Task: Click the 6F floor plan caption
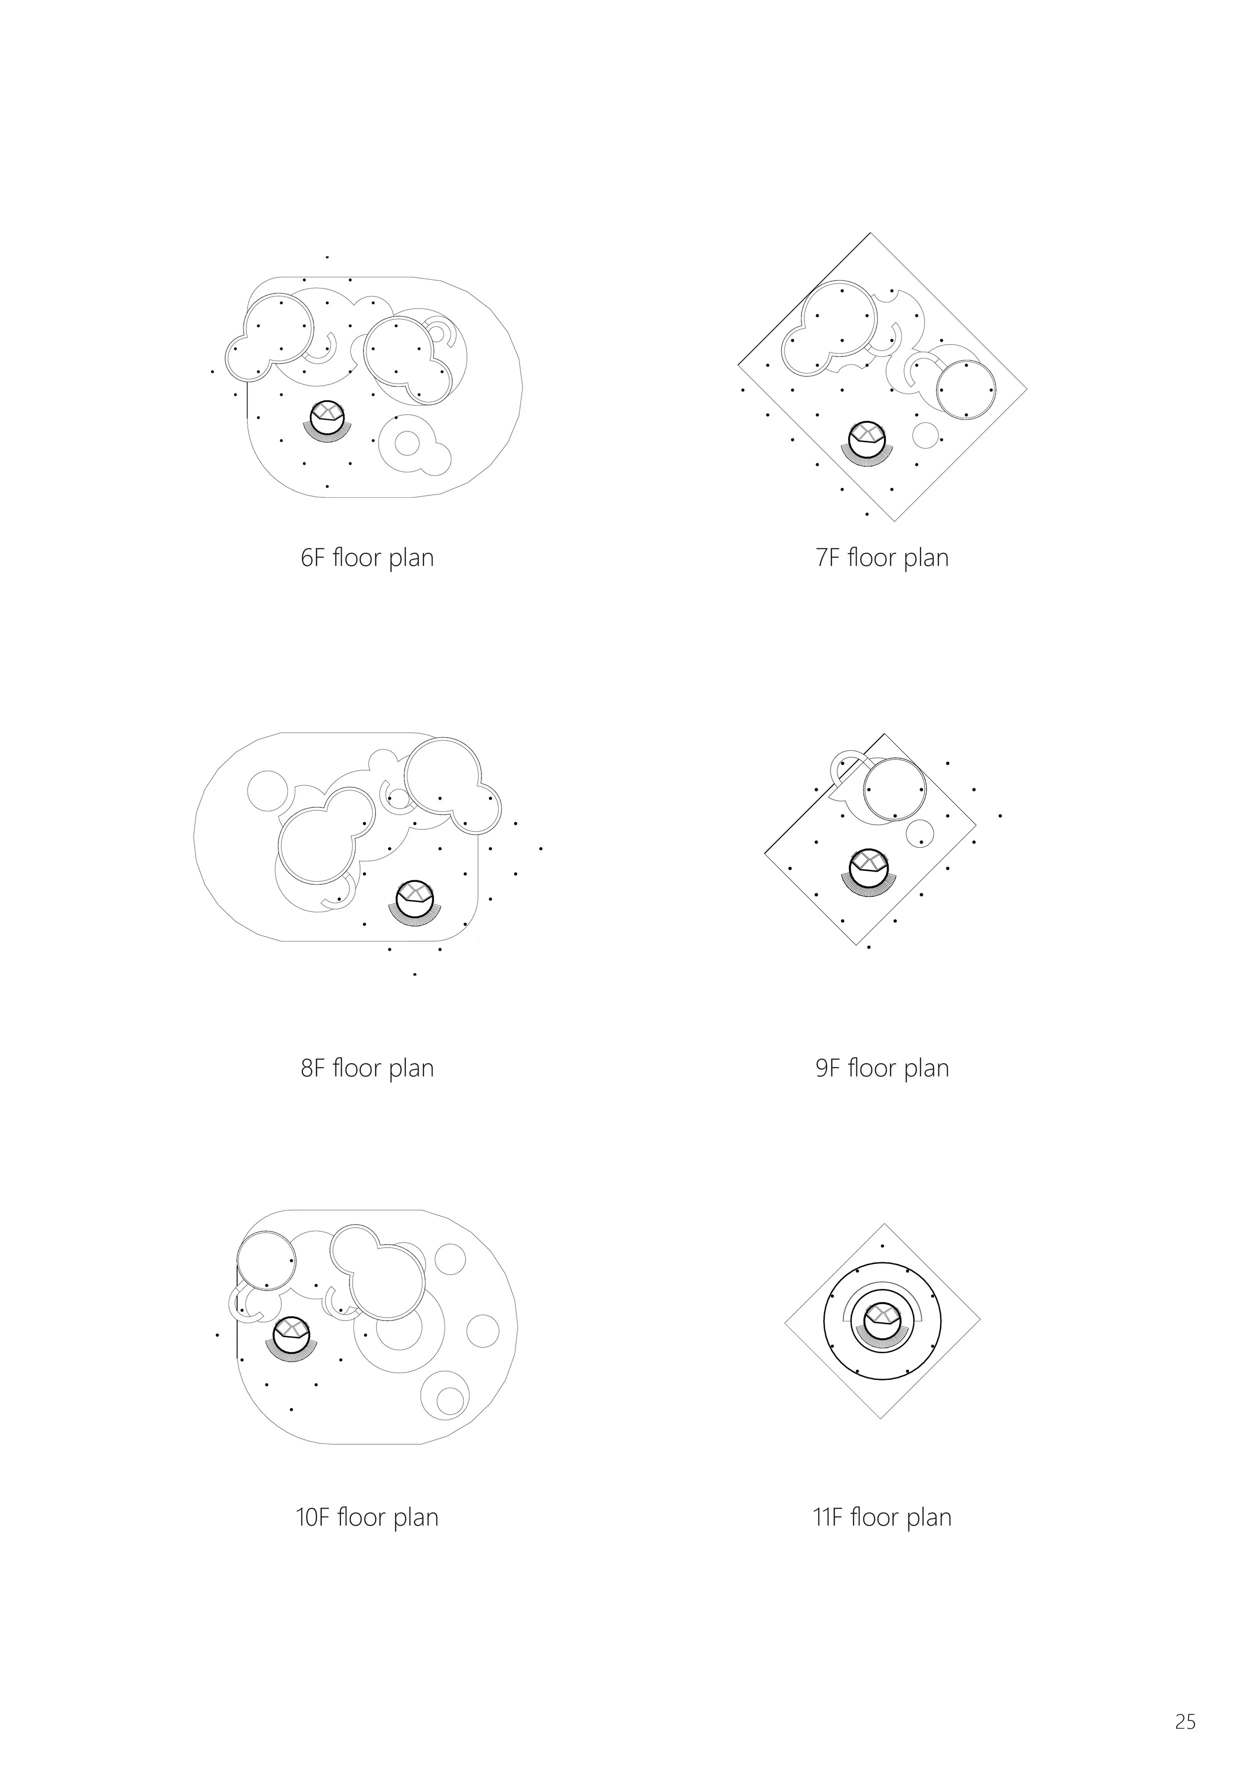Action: [x=367, y=557]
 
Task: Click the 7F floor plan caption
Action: [x=882, y=557]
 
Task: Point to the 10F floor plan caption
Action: [x=367, y=1517]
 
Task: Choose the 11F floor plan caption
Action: [x=882, y=1517]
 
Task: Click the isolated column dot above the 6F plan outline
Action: [x=327, y=257]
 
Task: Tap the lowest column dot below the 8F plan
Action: [x=415, y=974]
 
